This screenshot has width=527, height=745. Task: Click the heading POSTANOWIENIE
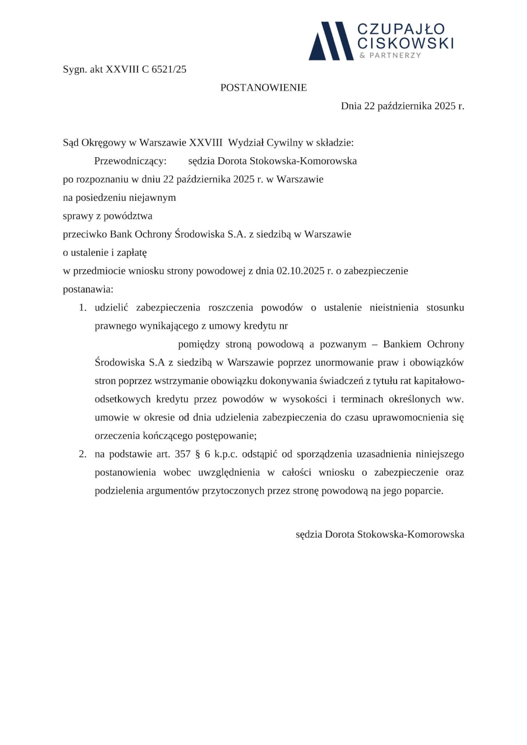(x=263, y=88)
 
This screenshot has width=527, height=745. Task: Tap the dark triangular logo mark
(x=331, y=41)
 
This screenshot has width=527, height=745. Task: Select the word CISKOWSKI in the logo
(x=405, y=43)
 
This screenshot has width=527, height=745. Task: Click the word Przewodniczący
(x=130, y=161)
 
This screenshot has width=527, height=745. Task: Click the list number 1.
(x=83, y=308)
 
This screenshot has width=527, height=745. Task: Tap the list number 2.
(x=83, y=454)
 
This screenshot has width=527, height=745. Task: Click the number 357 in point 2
(x=183, y=454)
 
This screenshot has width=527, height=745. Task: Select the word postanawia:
(x=88, y=290)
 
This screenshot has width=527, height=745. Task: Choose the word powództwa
(x=128, y=216)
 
